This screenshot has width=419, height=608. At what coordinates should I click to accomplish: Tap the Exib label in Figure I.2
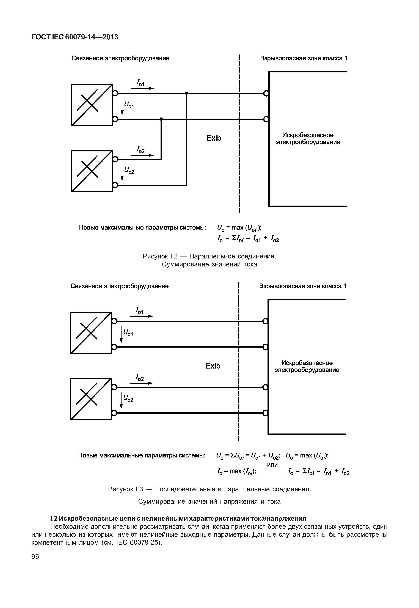point(214,138)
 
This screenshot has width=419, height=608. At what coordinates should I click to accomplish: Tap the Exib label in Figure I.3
point(213,366)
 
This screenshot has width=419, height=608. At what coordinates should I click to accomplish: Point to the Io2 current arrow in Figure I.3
point(141,383)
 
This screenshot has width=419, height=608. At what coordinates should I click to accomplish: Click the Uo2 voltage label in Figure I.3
point(128,399)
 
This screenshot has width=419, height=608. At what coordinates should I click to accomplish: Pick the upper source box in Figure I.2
point(92,105)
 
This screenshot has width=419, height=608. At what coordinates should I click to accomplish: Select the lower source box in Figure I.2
point(92,171)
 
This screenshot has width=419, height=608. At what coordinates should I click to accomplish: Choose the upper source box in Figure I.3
point(91,333)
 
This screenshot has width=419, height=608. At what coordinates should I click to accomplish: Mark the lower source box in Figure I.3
point(91,399)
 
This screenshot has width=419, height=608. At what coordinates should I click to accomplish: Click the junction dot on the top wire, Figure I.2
point(186,93)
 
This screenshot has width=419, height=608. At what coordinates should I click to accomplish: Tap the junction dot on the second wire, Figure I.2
point(161,119)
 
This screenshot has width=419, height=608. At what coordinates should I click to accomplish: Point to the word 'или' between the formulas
point(272,465)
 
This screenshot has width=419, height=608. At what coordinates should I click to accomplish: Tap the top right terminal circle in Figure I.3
point(265,321)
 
